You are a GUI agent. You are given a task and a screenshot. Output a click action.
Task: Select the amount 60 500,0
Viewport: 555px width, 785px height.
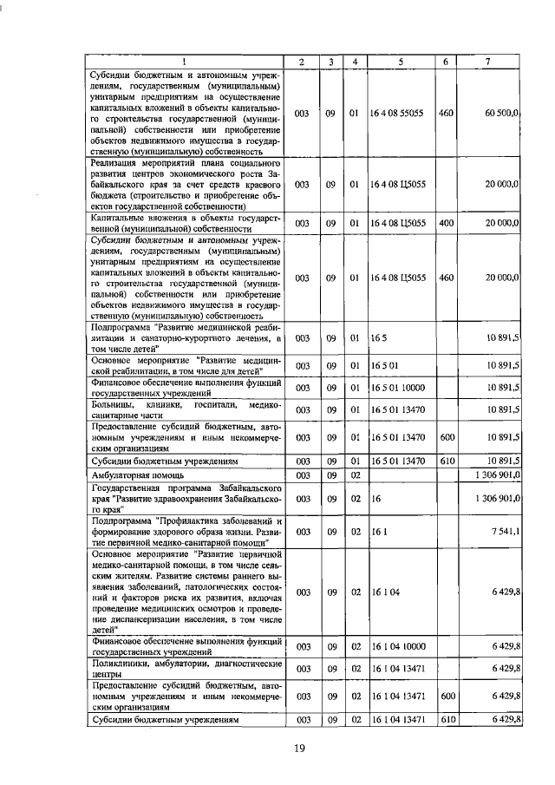click(x=502, y=113)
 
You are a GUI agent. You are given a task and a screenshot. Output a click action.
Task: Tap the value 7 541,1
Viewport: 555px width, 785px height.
click(x=505, y=531)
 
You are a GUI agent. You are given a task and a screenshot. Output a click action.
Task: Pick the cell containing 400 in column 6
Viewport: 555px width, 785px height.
click(x=446, y=223)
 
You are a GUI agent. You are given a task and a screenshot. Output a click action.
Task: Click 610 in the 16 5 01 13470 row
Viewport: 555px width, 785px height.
click(x=447, y=461)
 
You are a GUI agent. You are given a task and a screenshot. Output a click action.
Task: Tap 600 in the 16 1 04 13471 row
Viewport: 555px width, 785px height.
click(x=447, y=696)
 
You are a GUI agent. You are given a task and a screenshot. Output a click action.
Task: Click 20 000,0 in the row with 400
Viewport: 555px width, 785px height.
click(x=502, y=223)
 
